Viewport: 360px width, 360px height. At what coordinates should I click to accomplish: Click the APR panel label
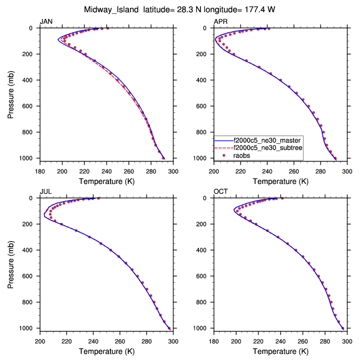click(221, 21)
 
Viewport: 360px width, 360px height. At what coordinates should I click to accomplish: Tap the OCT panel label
click(221, 192)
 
